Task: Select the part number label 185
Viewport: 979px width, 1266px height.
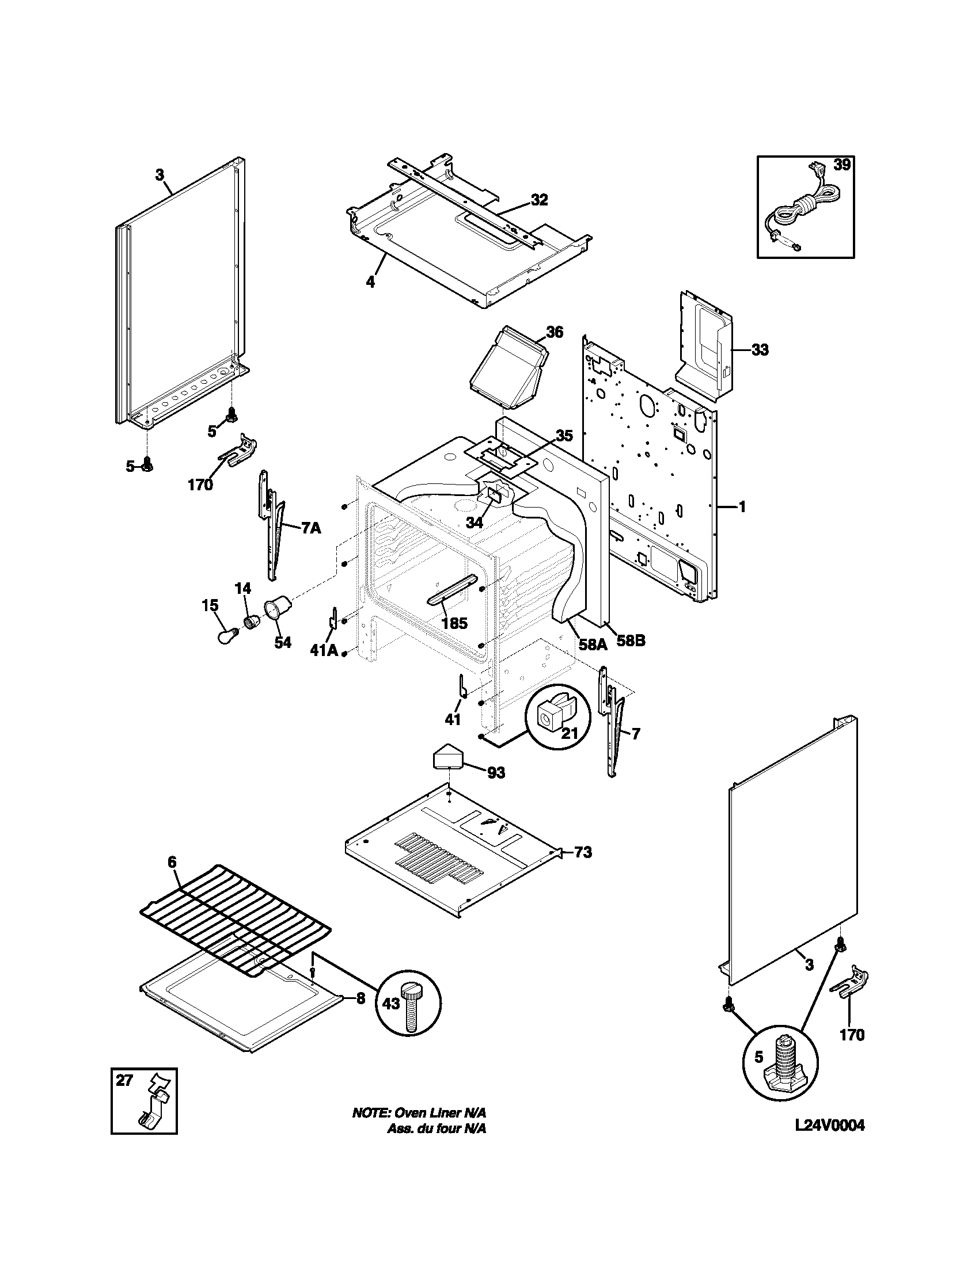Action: click(454, 624)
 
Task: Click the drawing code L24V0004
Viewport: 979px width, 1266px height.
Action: click(829, 1126)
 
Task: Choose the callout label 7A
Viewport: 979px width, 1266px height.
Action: click(310, 528)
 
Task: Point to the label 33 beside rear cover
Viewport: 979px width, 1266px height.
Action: click(760, 349)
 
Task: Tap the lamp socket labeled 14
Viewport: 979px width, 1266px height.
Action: click(251, 622)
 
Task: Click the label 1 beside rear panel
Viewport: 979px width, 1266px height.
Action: click(742, 507)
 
